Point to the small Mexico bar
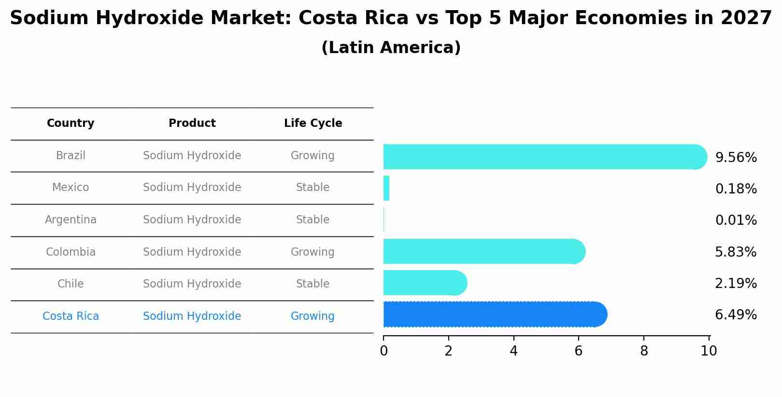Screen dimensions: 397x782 tap(386, 188)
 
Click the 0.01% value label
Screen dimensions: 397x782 tap(736, 220)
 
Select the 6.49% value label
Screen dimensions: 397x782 tap(736, 315)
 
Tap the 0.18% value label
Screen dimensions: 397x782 tap(736, 189)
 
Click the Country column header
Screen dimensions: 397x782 tap(71, 123)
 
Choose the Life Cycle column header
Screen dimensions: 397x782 tap(313, 123)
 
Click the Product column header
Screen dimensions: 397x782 tap(192, 123)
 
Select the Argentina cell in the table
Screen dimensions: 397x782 tap(71, 220)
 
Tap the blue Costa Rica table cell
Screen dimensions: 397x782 tap(71, 316)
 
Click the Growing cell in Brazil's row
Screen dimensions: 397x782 tap(313, 156)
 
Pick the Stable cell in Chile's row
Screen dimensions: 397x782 tap(313, 284)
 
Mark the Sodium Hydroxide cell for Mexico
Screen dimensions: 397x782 tap(192, 188)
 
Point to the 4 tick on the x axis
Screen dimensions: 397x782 tap(513, 351)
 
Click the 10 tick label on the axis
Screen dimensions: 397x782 tap(709, 351)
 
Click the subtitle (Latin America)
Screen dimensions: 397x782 tap(391, 48)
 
